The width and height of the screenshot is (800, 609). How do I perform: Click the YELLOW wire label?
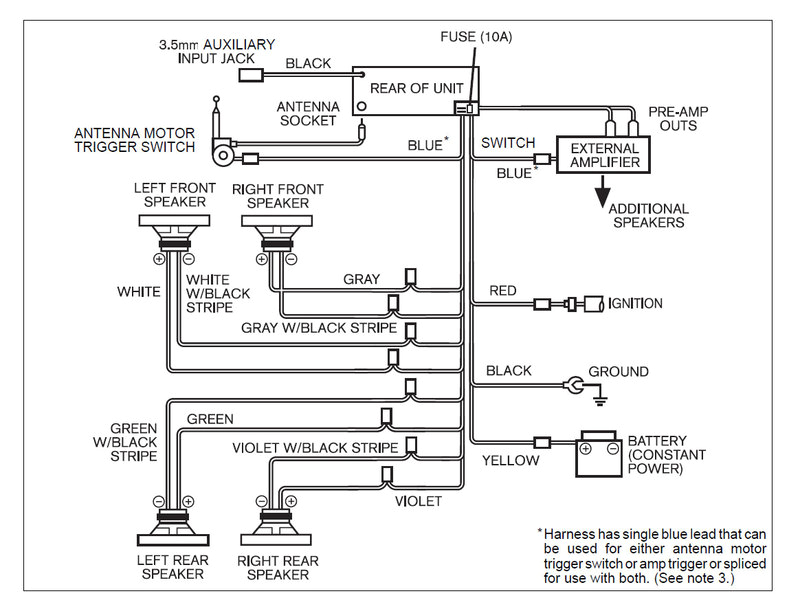click(x=511, y=461)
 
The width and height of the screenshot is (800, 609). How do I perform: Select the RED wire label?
click(x=503, y=291)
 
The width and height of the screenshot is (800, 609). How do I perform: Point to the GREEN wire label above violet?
click(x=210, y=419)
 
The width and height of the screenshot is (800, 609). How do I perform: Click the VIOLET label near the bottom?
click(x=418, y=501)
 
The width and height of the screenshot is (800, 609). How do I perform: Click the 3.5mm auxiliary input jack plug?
click(x=250, y=74)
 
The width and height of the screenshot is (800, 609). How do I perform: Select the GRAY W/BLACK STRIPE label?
click(x=319, y=328)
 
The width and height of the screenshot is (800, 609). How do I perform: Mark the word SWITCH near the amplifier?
click(x=508, y=143)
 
